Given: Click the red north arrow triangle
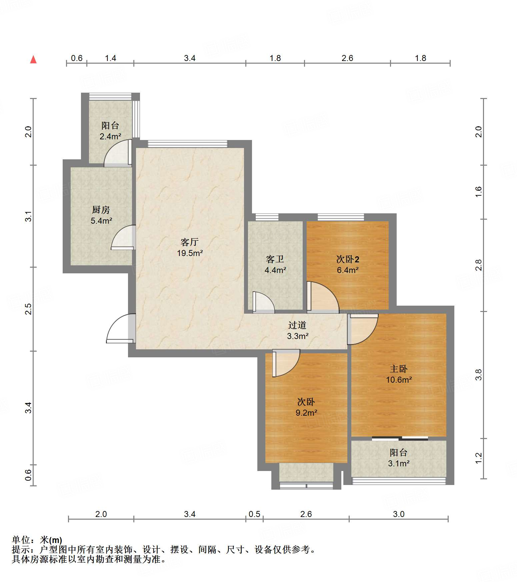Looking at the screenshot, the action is click(33, 59).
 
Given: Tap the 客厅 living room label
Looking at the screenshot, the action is click(190, 242).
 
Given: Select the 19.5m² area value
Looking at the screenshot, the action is click(190, 253).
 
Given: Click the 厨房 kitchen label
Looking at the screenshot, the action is click(101, 210).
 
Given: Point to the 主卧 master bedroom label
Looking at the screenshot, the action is click(399, 369).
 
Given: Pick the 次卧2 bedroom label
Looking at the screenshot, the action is click(348, 259).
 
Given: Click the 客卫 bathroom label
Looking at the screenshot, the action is click(275, 259).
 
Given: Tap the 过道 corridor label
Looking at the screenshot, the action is click(297, 325).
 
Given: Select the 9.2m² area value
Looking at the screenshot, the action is click(306, 413).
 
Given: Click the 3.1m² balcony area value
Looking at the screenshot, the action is click(399, 463).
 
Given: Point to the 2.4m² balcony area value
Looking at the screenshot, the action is click(110, 136).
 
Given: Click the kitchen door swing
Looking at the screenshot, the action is click(123, 237).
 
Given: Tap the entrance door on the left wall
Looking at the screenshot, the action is click(121, 328).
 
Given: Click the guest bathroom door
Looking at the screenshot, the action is click(263, 302).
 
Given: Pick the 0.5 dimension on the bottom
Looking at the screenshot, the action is click(254, 514).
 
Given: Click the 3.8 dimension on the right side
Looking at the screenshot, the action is click(479, 375).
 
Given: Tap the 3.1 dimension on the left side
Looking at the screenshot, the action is click(29, 216).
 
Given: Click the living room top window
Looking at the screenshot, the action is click(188, 144).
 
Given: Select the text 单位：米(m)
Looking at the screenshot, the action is click(37, 540).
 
